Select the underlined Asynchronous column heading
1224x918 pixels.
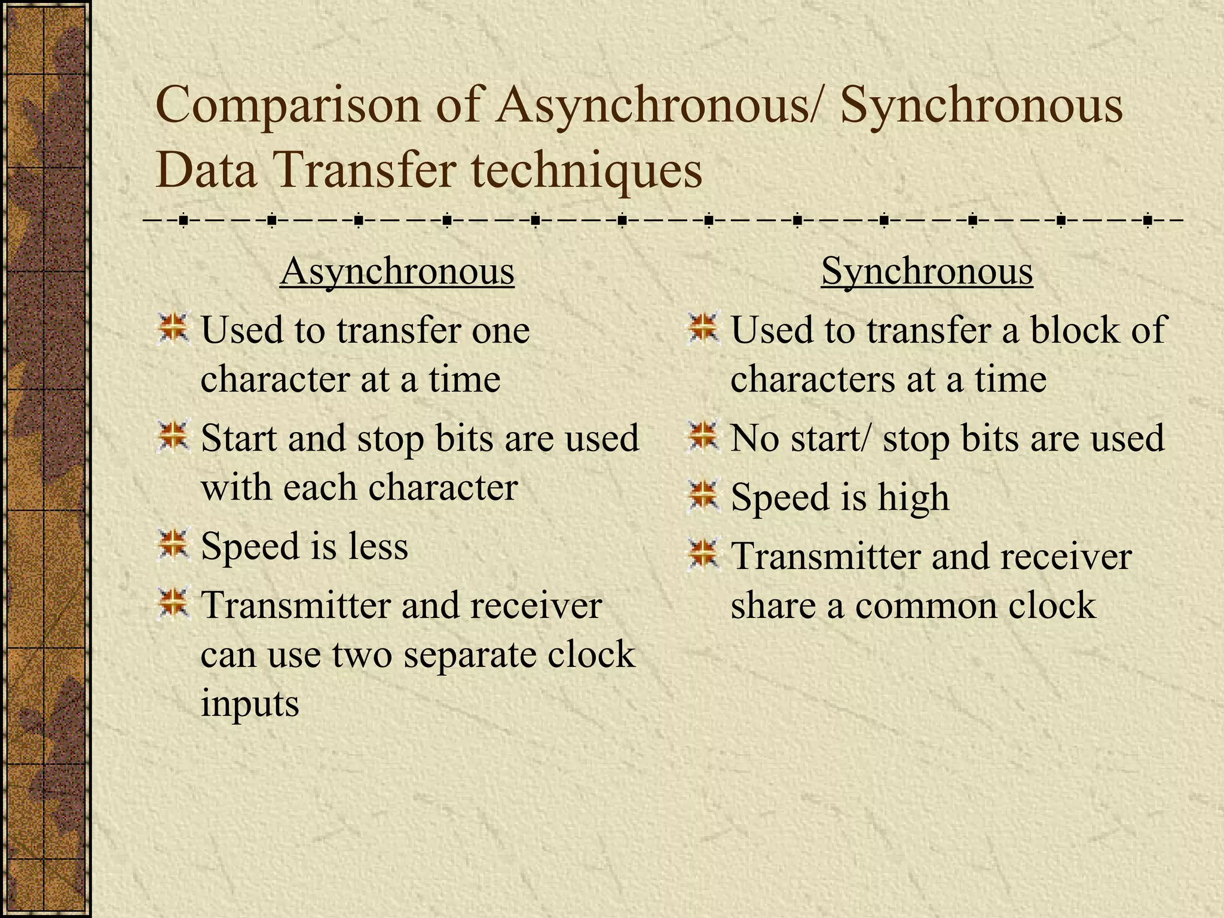[x=397, y=272]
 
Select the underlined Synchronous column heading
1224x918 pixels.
[x=926, y=272]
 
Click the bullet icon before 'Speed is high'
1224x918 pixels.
[x=703, y=495]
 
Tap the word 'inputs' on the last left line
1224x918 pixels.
[x=249, y=703]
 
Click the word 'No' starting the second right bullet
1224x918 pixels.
[x=755, y=439]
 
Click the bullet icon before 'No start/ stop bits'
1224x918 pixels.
[x=703, y=436]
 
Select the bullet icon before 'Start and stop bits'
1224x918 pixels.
[x=173, y=436]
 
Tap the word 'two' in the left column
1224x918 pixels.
[x=362, y=654]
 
